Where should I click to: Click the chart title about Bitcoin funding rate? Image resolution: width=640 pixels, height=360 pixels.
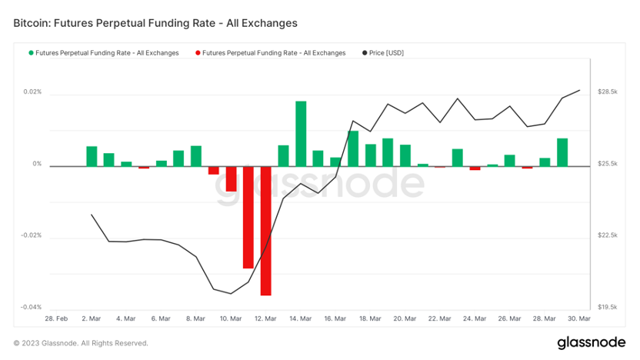tap(155, 23)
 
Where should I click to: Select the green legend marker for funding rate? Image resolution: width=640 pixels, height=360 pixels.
tap(31, 53)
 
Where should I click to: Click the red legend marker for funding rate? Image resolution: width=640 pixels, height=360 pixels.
tap(198, 53)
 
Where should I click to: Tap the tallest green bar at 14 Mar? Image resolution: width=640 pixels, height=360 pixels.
tap(301, 133)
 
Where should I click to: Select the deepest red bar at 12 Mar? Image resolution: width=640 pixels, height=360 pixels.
tap(265, 230)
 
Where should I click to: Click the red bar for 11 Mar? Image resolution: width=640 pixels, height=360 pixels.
tap(248, 217)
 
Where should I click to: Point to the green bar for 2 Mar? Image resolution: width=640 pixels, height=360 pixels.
tap(92, 156)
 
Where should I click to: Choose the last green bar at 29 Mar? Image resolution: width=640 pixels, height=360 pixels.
tap(562, 152)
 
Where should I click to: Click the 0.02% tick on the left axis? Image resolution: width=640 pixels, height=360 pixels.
tap(32, 92)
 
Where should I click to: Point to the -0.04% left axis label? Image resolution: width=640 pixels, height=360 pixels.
tap(31, 307)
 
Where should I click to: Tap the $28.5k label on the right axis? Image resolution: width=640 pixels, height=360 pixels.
tap(608, 92)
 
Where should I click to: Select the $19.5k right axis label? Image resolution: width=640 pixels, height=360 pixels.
tap(608, 307)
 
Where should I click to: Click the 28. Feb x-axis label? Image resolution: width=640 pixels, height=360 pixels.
tap(56, 318)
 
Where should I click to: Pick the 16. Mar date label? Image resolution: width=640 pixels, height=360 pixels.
tap(335, 318)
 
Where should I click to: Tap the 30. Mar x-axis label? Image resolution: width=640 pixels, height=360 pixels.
tap(579, 318)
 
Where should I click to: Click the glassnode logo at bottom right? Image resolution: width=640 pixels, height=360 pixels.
tap(592, 342)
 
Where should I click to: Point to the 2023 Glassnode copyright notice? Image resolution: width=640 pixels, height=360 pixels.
tap(81, 343)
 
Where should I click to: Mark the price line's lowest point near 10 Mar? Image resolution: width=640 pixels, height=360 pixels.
tap(231, 293)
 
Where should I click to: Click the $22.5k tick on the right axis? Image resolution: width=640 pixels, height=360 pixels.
tap(608, 235)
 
